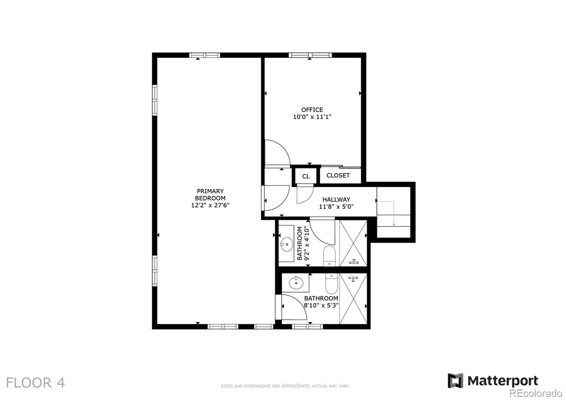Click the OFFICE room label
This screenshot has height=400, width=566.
point(312,110)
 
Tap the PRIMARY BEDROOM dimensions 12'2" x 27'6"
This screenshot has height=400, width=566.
point(210,205)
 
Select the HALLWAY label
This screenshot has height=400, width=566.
point(336,200)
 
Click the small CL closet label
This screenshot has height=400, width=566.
point(306,176)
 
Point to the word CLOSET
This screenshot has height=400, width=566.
point(338,175)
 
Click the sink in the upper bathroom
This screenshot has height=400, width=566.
point(287,244)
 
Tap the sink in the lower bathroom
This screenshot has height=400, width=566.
point(296,282)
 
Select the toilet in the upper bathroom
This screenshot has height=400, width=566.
point(329,256)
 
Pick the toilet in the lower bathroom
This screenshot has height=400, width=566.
point(331,284)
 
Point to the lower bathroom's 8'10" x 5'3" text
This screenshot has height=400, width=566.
point(321,305)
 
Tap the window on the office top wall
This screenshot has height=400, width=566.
point(310,55)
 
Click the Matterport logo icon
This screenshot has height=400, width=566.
point(455,381)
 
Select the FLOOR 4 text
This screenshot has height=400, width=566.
point(35,383)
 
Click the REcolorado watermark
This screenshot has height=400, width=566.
point(536,393)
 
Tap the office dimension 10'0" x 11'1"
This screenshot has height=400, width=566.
point(312,117)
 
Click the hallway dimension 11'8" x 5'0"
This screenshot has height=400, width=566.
point(336,207)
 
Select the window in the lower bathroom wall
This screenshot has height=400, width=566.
point(307,326)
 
